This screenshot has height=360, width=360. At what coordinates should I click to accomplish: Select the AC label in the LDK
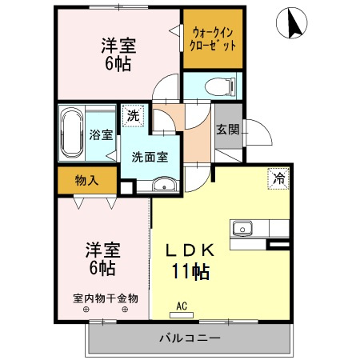(182, 306)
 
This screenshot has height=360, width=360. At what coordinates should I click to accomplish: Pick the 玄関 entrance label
(226, 130)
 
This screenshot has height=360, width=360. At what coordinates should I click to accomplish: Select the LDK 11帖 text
(190, 260)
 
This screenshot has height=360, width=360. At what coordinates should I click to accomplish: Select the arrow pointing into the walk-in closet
(174, 31)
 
